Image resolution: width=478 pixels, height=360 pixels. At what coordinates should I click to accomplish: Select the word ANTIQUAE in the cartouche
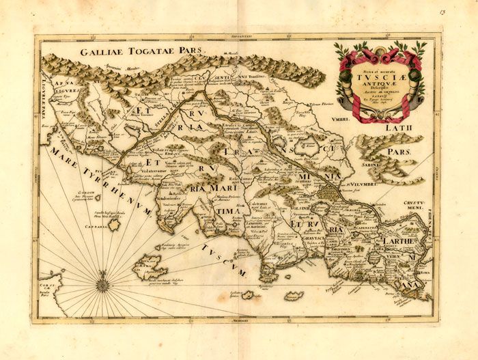pyautogui.click(x=379, y=85)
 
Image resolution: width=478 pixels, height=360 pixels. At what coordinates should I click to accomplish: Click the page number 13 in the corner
pyautogui.click(x=462, y=12)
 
